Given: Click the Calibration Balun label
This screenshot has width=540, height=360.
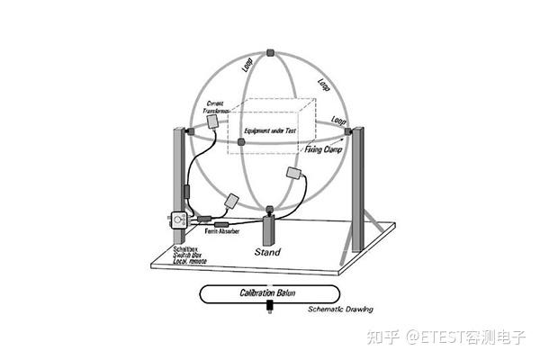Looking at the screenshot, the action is (x=269, y=293).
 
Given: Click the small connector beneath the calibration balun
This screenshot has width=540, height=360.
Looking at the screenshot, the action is (x=269, y=310).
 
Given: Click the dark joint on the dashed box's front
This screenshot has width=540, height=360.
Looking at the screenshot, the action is (x=241, y=140).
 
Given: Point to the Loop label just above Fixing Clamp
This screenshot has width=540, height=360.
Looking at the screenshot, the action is (x=338, y=121).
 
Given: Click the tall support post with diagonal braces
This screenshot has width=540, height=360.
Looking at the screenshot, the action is (x=360, y=189).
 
